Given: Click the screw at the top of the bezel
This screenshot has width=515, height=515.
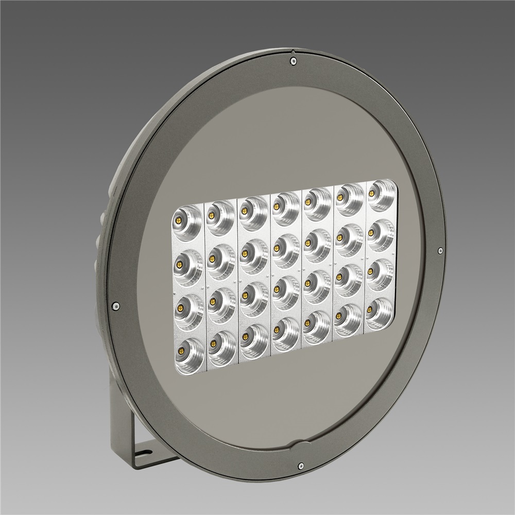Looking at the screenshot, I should click(x=293, y=61).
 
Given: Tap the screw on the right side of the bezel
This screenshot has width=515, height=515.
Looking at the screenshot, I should click(x=440, y=251).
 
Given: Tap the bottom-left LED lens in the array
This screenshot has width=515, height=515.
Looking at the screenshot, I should click(x=186, y=352).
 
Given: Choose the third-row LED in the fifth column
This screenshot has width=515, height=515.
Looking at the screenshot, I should click(x=316, y=284).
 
